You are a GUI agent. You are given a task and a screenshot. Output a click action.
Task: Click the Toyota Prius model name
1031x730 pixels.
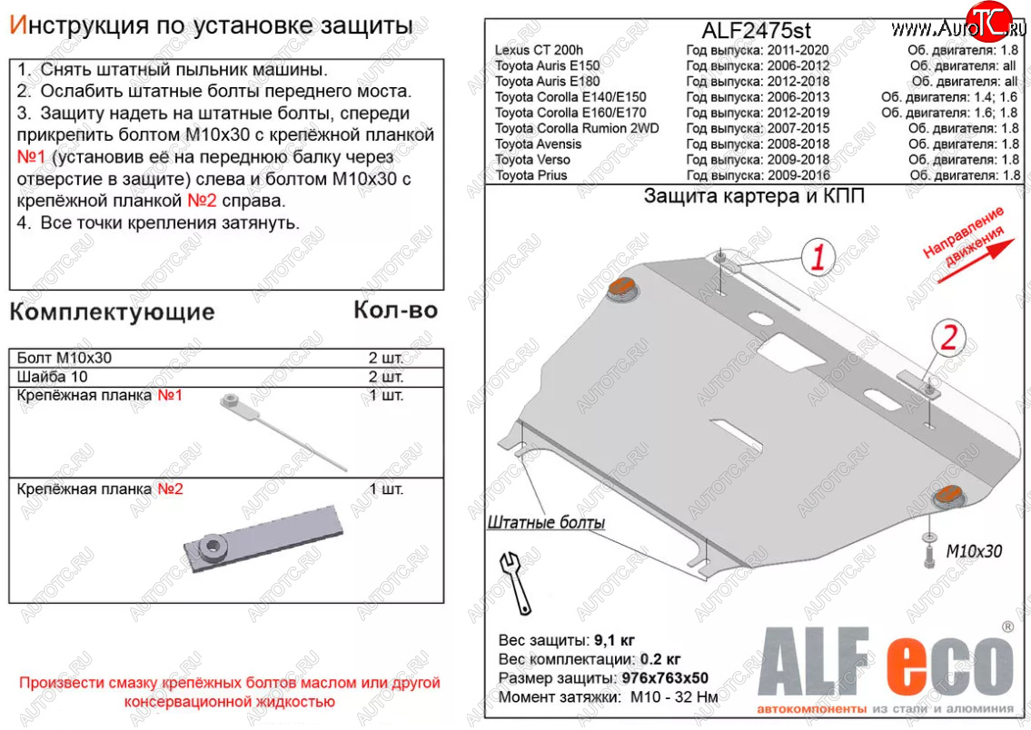pyautogui.click(x=530, y=175)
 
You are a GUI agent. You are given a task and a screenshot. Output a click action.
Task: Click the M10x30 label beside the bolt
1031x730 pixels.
pyautogui.click(x=974, y=551)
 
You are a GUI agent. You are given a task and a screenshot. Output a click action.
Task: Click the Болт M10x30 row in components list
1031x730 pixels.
pyautogui.click(x=65, y=358)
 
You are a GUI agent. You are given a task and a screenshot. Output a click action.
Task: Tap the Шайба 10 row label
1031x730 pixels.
pyautogui.click(x=53, y=377)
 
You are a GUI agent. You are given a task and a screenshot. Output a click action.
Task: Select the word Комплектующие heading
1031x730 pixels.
pyautogui.click(x=112, y=312)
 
